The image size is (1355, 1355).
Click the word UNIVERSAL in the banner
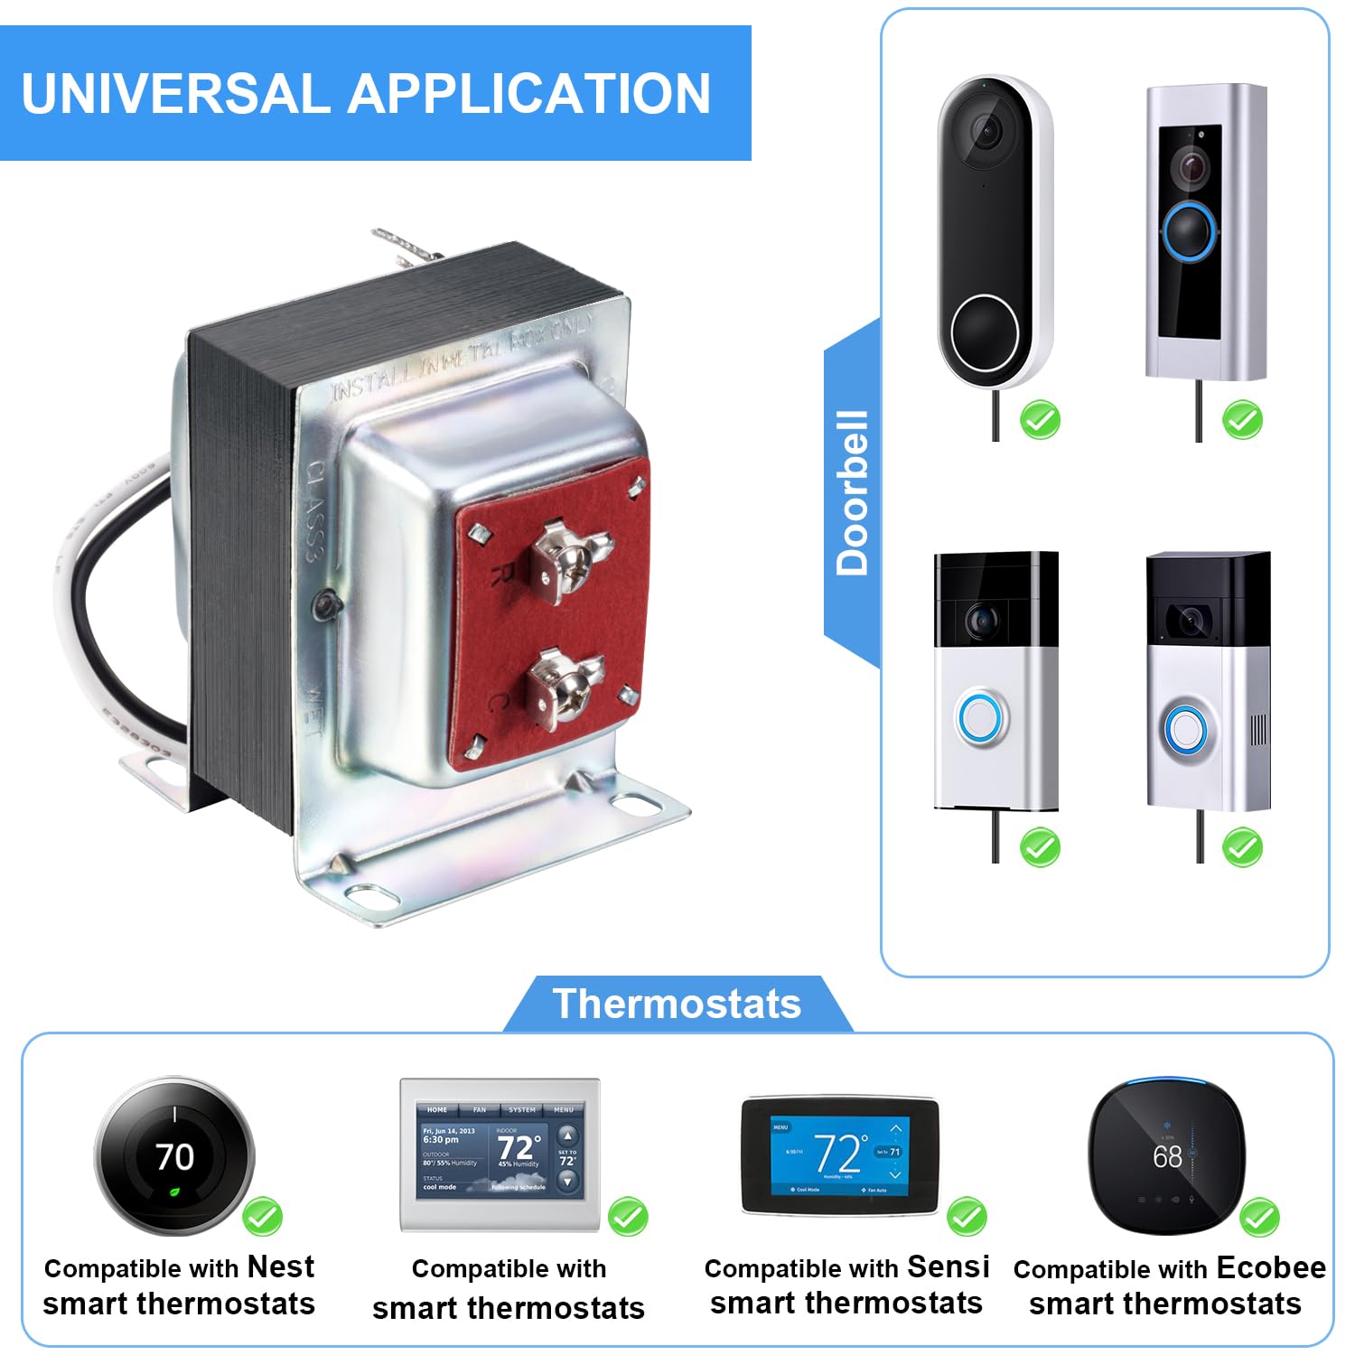pos(176,93)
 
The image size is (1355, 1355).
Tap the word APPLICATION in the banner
pos(529,93)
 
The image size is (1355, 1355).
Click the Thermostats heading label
pos(677,1004)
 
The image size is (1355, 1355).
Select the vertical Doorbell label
pos(852,493)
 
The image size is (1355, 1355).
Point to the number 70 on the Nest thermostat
pos(174,1157)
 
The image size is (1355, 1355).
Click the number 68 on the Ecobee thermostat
pos(1167,1155)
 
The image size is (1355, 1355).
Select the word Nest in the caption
pos(281,1266)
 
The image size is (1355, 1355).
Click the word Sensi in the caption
pos(948,1266)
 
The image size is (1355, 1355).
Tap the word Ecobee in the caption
pos(1271,1267)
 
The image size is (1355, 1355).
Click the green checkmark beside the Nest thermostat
pos(263,1217)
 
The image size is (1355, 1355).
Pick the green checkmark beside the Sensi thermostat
pos(967,1217)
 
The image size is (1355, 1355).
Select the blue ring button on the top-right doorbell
pos(1191,231)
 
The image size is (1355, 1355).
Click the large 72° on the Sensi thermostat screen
pos(839,1153)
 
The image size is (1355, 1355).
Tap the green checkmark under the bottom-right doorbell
pos(1242,847)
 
